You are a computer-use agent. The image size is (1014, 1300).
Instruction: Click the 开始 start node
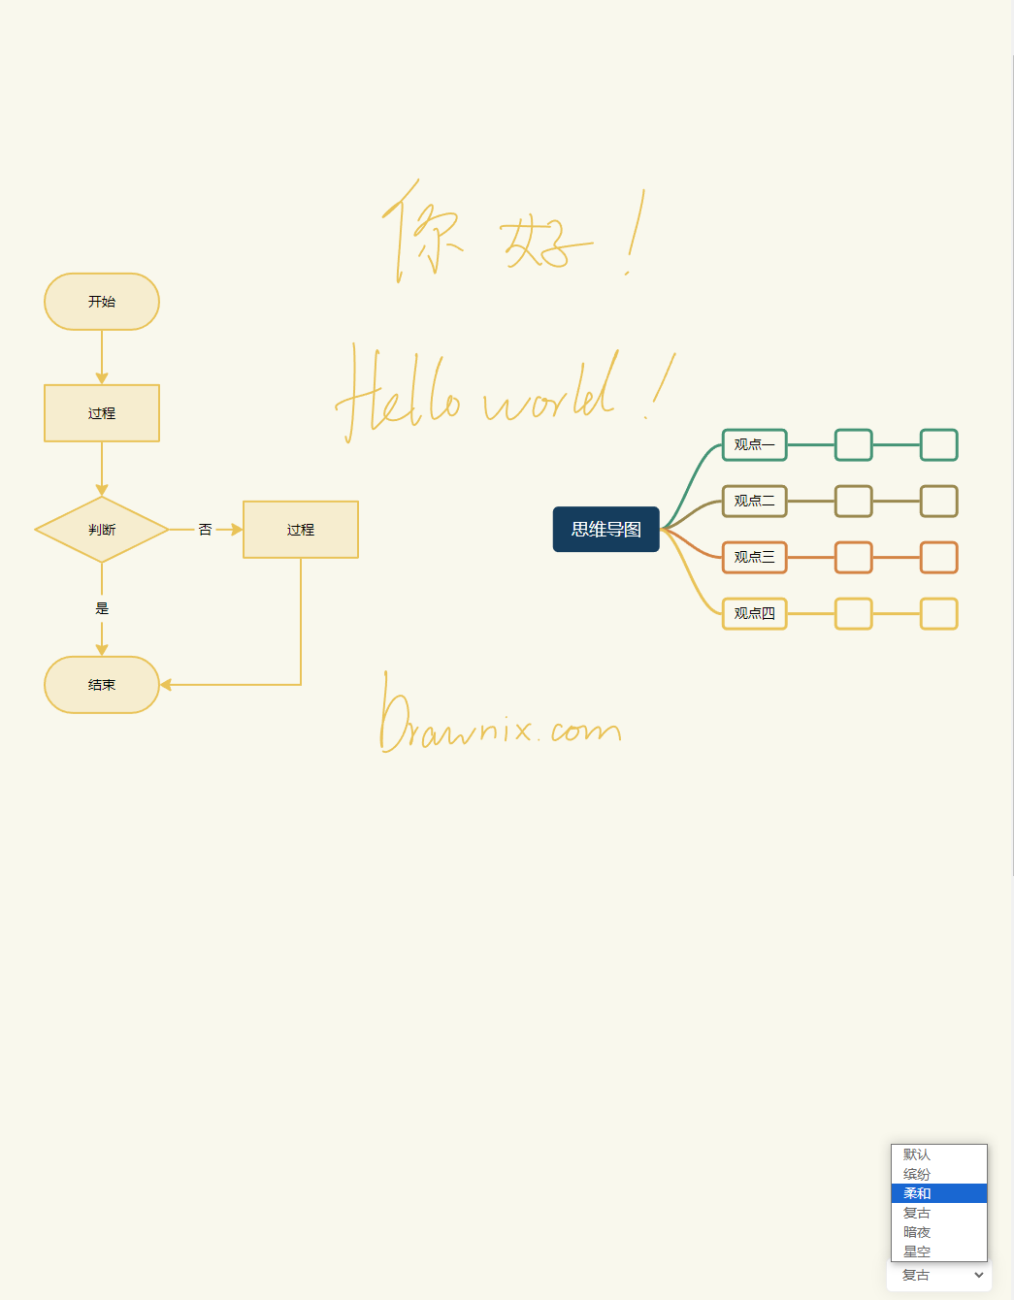pos(102,302)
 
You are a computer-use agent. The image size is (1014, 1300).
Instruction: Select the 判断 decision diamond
pos(102,530)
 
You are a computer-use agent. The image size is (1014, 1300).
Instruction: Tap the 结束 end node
pos(102,685)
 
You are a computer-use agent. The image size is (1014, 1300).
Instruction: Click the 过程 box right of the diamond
pos(301,530)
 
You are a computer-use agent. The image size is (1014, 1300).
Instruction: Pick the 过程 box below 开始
pos(102,413)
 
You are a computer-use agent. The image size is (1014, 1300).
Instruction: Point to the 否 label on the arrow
pos(205,530)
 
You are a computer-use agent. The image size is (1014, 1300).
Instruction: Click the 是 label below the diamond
pos(102,608)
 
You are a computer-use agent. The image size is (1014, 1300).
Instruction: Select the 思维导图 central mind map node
pos(606,530)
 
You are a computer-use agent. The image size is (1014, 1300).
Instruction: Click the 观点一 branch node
pos(754,444)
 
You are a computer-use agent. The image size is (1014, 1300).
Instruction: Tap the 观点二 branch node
pos(754,501)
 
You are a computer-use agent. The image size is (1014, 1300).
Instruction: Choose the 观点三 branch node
pos(754,557)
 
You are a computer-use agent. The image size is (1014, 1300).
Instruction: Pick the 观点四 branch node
pos(754,613)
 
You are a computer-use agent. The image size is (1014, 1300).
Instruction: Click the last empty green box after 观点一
pos(938,444)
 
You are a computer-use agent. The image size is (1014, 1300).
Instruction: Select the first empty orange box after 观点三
pos(853,557)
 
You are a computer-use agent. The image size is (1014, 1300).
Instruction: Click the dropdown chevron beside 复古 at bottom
pos(978,1275)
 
